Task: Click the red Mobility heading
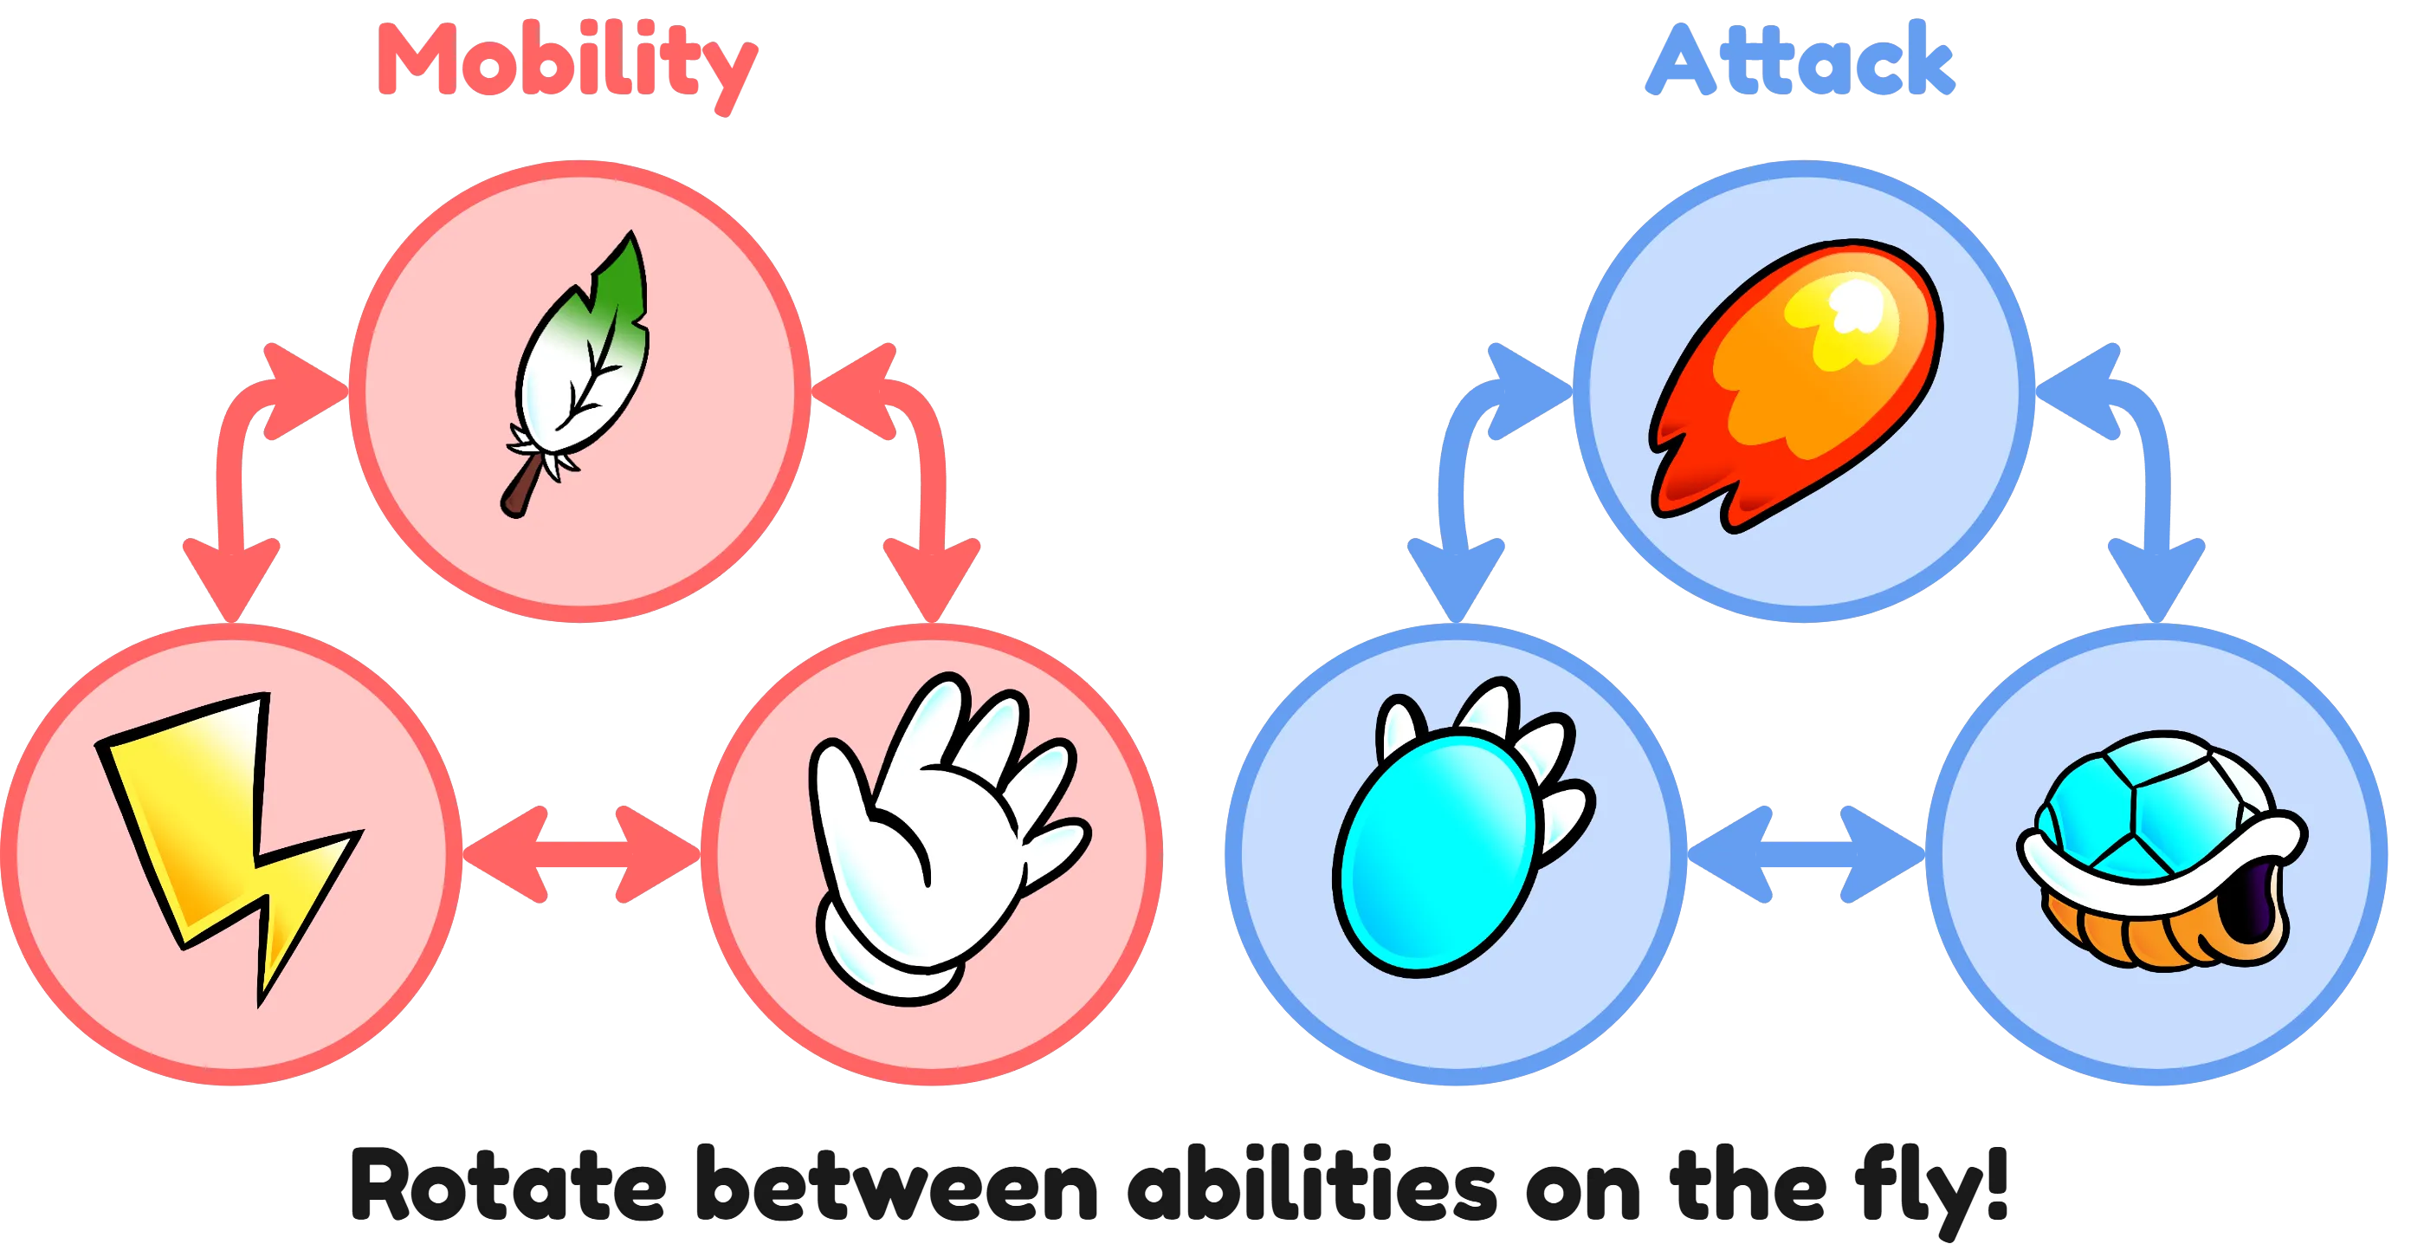pos(568,66)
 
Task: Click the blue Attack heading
pos(1800,59)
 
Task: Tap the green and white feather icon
pos(578,374)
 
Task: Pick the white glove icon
pos(946,838)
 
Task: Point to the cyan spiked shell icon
pos(1460,828)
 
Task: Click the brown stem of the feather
pos(522,487)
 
